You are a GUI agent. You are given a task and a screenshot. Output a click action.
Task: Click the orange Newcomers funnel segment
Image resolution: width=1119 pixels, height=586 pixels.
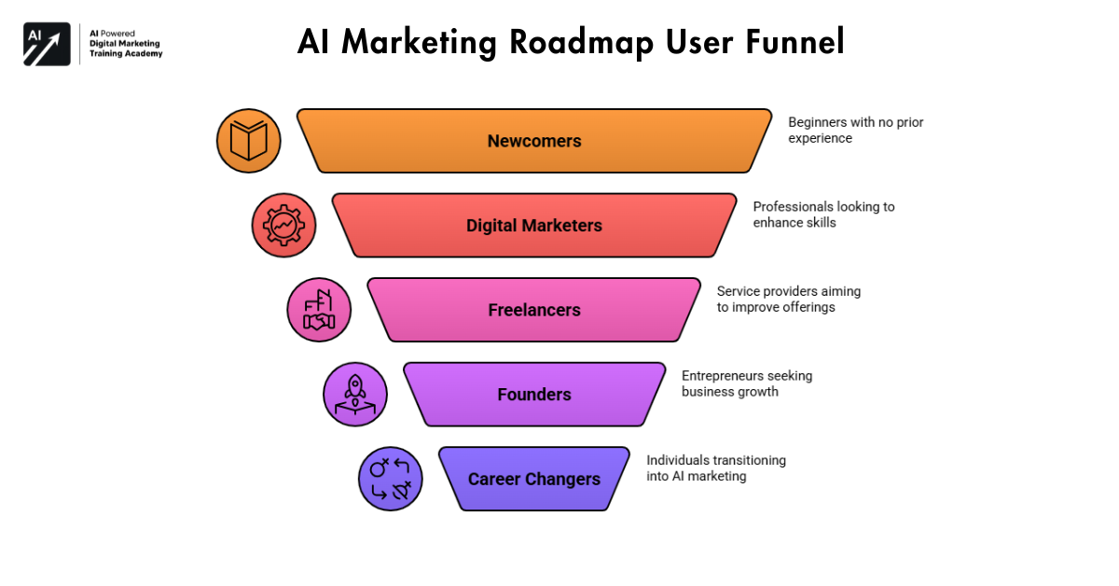[x=534, y=141]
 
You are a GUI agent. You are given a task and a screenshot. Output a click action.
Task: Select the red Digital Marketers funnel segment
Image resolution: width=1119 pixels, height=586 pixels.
[x=534, y=225]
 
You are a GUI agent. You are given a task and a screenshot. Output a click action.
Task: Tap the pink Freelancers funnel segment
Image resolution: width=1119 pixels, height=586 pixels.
[x=534, y=310]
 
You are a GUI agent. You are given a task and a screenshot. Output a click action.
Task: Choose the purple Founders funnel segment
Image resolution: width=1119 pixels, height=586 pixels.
[x=534, y=394]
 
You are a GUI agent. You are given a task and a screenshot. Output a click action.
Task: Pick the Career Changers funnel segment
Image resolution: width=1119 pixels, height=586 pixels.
[x=534, y=479]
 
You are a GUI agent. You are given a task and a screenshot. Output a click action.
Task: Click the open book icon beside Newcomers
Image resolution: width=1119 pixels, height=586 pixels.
[x=249, y=141]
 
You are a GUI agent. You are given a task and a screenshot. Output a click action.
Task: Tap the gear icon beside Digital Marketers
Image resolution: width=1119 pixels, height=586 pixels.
[x=283, y=225]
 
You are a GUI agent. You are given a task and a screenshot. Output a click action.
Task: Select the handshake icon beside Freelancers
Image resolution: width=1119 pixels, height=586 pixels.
[x=319, y=310]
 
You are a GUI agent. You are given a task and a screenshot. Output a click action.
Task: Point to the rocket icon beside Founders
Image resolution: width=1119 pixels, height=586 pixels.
[x=355, y=394]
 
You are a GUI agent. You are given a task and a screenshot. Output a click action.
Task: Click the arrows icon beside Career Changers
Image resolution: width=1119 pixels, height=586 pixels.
[x=391, y=479]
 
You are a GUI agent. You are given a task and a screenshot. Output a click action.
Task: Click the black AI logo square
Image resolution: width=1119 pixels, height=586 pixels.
[x=47, y=44]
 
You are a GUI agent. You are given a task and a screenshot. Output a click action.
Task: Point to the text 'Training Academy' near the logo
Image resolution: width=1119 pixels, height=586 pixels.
[x=126, y=54]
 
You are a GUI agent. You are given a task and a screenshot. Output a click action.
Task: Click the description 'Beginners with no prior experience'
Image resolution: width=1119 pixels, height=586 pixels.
[x=855, y=131]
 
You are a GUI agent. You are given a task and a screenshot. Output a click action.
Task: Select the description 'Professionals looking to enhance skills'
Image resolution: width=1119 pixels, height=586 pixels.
[x=823, y=215]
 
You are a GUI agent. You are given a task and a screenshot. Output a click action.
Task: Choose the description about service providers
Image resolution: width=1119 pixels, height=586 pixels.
[x=788, y=299]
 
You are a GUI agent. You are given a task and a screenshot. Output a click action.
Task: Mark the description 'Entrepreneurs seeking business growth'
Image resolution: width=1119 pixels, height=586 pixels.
[x=746, y=384]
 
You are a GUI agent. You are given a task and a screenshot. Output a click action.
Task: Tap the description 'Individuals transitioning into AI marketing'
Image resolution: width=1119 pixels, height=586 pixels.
[x=715, y=467]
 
